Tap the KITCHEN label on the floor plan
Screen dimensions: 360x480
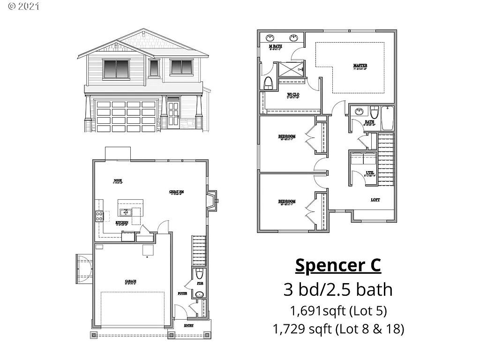tap(122, 222)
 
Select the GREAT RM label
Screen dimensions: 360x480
tap(176, 192)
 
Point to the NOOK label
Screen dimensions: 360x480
tap(118, 180)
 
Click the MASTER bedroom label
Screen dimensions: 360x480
tap(360, 65)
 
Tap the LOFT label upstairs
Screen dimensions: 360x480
tap(375, 200)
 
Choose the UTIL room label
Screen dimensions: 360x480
tap(370, 173)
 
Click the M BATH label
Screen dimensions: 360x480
tap(275, 47)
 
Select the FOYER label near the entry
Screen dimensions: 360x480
tap(182, 293)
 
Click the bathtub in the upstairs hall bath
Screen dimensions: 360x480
tap(387, 118)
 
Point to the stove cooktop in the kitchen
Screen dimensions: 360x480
tap(99, 216)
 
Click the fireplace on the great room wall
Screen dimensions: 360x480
tap(212, 201)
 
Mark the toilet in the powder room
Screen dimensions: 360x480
tap(199, 274)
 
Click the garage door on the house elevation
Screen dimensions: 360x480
tap(126, 115)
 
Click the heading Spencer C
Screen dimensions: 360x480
tap(337, 265)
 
